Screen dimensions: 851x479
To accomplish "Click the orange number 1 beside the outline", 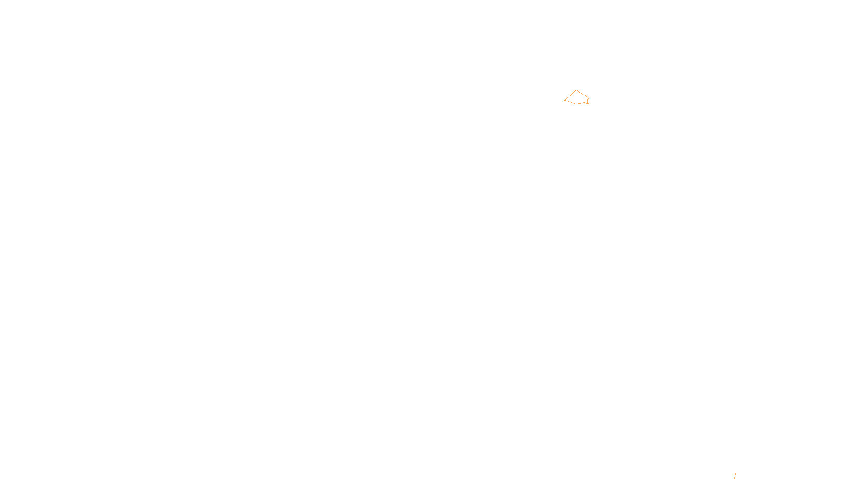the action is pos(587,102).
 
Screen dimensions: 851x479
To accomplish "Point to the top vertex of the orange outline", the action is pos(576,90).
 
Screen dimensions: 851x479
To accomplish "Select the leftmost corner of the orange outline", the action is pos(565,100).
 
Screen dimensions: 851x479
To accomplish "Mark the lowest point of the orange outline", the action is pos(577,104).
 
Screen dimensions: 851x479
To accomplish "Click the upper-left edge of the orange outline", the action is pos(570,95).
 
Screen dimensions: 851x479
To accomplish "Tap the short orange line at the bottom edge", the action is pos(735,476).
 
